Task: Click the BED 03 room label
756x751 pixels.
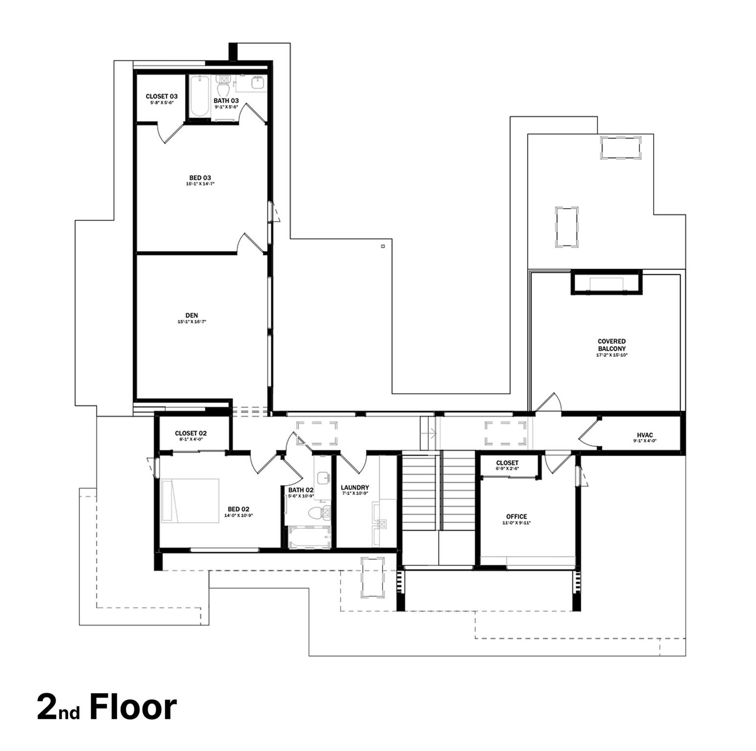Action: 200,177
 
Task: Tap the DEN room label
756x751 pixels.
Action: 191,315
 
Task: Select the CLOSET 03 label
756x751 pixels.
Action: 161,96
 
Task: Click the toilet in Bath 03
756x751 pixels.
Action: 223,88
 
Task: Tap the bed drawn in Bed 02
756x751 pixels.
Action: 190,500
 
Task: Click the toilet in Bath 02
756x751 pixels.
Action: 317,513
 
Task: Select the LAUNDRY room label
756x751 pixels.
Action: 355,487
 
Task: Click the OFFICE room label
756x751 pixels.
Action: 516,516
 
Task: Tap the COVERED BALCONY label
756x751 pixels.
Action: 612,345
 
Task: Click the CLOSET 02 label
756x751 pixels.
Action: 191,433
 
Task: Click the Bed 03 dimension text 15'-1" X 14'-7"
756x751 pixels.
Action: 200,184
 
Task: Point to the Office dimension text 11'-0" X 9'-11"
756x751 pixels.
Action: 516,523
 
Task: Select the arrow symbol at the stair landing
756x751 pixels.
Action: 431,432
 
